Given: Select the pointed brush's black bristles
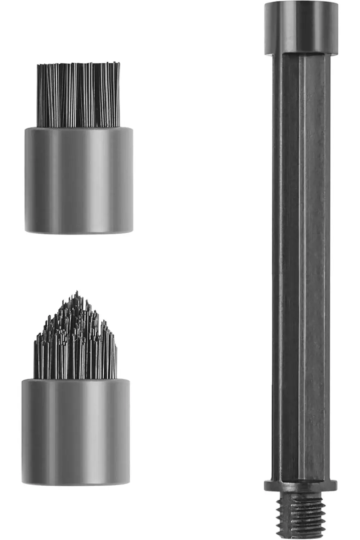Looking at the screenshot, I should coord(76,346).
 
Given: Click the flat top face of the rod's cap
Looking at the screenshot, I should coord(302,4).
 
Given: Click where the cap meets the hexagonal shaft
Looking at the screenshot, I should coord(302,54).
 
